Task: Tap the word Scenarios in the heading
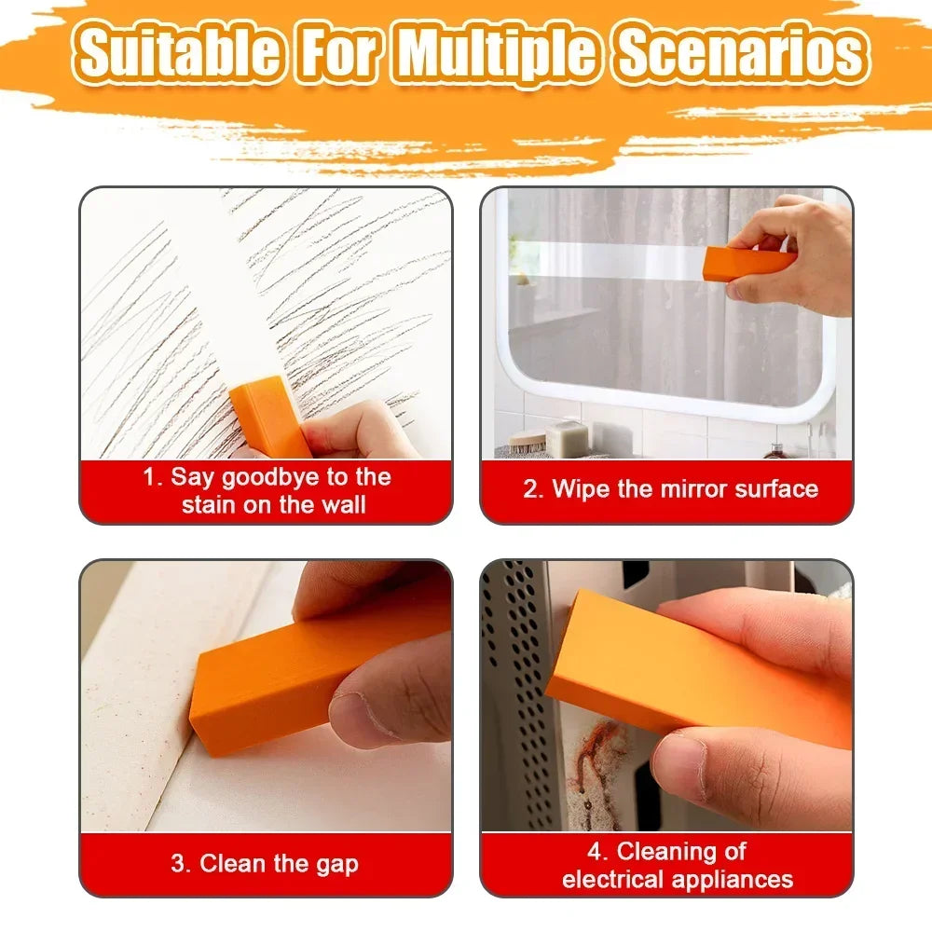pos(741,54)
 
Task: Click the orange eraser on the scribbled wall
pos(269,416)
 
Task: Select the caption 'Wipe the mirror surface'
pos(670,489)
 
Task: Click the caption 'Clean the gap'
pos(265,863)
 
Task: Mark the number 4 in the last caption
pos(596,850)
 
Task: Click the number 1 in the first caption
pos(149,477)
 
